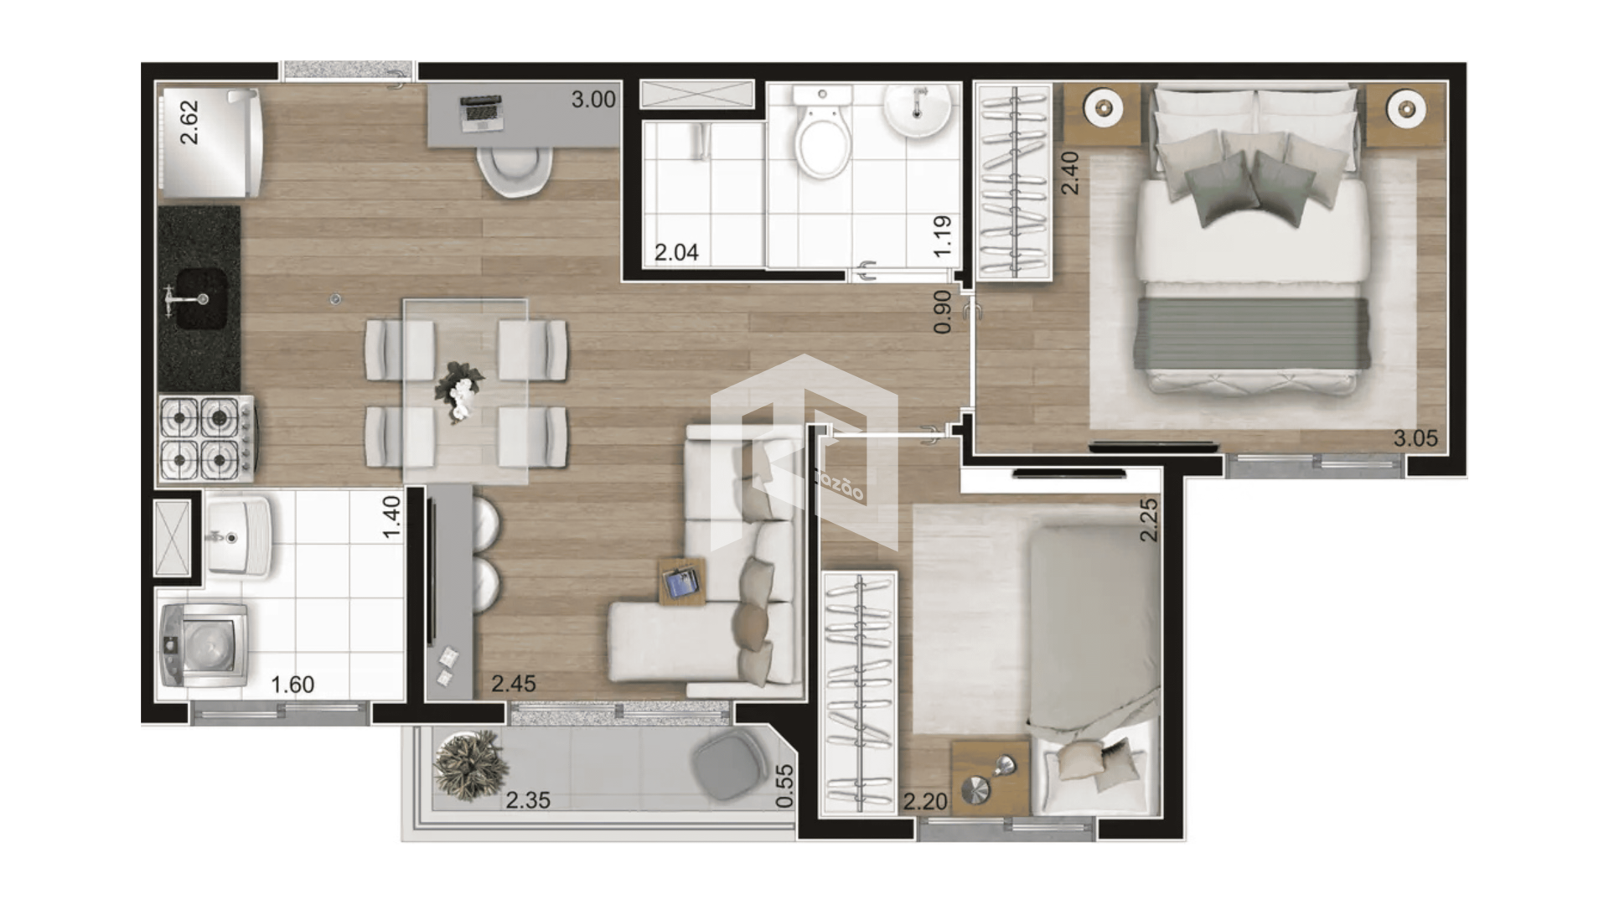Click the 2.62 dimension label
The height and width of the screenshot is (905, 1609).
(190, 122)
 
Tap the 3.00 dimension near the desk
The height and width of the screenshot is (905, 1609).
(593, 100)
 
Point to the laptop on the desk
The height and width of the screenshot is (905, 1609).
(481, 113)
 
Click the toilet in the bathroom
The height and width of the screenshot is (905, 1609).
(824, 138)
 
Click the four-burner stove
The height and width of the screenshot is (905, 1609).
(205, 438)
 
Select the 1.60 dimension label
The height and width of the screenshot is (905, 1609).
(292, 685)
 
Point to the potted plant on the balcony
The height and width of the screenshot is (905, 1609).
(470, 765)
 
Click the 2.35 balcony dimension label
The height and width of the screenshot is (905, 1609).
(528, 800)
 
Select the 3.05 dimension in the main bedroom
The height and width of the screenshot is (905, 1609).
(1415, 438)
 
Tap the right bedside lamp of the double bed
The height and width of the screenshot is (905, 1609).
(1405, 108)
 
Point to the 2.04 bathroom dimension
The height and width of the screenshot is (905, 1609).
(676, 252)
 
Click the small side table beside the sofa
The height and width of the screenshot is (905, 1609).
(682, 581)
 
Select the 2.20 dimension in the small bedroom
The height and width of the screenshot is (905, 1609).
(924, 802)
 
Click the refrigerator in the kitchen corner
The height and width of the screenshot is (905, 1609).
(210, 142)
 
